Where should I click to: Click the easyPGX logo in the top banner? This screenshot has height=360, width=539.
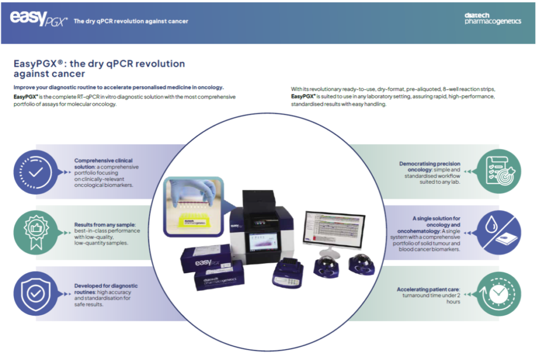click(x=38, y=19)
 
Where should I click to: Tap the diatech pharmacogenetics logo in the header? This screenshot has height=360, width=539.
click(x=493, y=19)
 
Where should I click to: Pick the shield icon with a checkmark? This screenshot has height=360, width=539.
click(x=34, y=293)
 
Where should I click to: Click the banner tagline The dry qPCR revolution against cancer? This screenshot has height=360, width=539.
click(x=131, y=21)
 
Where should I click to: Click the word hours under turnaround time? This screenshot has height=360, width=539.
click(x=452, y=302)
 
